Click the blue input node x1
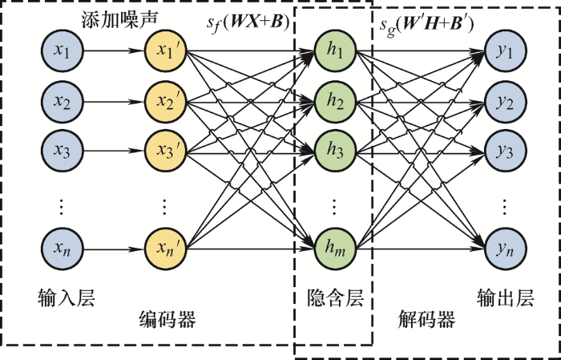pos(63,51)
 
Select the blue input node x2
pos(63,102)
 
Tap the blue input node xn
pos(63,249)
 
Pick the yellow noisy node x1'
pos(166,51)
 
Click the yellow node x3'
pos(166,151)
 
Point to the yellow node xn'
pos(166,249)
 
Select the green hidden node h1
pos(335,51)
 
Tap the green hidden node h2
pos(335,102)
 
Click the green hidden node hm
pos(335,249)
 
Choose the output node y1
pos(505,51)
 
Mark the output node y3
pos(505,151)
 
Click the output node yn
pos(505,249)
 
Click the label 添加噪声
pos(119,20)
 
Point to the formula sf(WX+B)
pos(248,23)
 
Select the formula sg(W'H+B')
pos(427,25)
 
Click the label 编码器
pos(167,320)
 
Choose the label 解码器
pos(426,320)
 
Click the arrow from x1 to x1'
pos(114,51)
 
